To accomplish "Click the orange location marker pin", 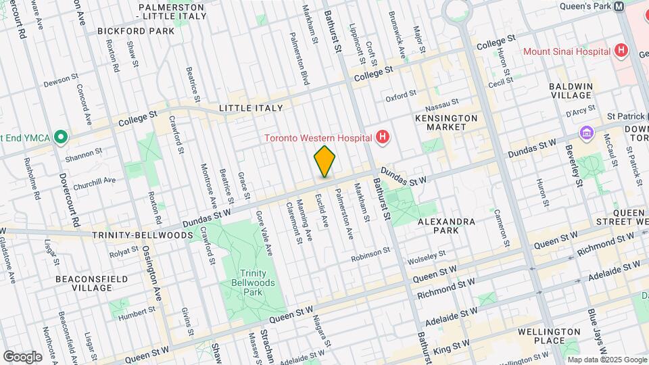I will [x=324, y=161].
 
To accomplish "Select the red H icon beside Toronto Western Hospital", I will [x=383, y=139].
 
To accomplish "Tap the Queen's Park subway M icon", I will [x=619, y=6].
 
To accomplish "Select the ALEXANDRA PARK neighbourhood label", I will [x=446, y=226].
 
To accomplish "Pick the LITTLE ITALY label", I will [x=250, y=108].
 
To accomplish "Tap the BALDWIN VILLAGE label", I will [x=571, y=91].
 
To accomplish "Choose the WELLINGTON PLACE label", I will [x=548, y=336].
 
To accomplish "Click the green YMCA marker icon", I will [x=62, y=138].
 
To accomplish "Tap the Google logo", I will [x=22, y=356].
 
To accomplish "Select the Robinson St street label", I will [x=370, y=255].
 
